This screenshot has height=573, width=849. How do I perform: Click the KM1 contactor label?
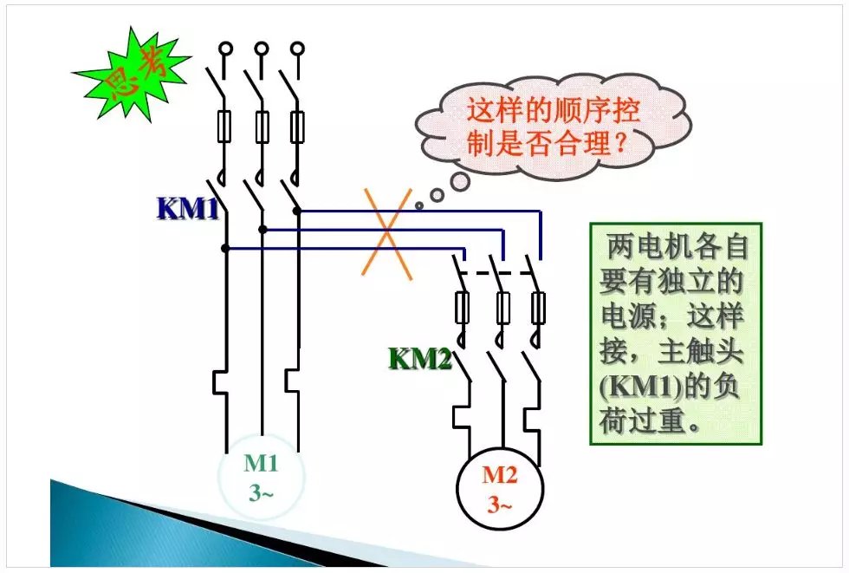tap(187, 209)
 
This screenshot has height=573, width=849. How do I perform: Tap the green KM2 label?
tap(420, 358)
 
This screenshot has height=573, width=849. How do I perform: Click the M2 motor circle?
tap(498, 488)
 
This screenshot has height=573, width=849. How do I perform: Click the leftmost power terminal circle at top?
tap(225, 49)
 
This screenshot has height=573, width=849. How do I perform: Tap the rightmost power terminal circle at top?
tap(298, 49)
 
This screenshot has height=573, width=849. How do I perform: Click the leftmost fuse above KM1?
tap(225, 127)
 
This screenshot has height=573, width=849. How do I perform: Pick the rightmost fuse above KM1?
tap(298, 127)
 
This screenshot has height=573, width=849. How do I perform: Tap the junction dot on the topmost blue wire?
tap(297, 210)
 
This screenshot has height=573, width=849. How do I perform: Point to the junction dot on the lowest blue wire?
tap(225, 249)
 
